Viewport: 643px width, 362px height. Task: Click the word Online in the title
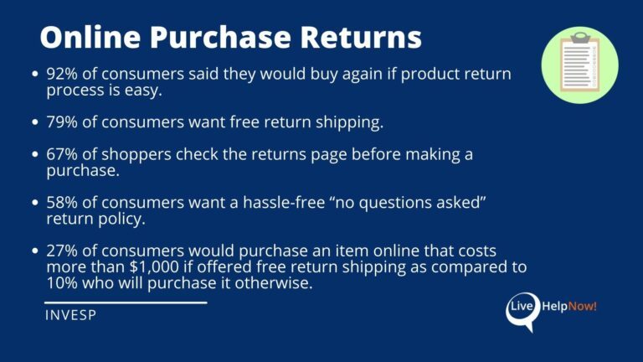pos(90,38)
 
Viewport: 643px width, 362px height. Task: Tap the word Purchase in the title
pos(220,38)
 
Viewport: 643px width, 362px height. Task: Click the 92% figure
pos(61,74)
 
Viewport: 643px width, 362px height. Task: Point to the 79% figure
pos(61,122)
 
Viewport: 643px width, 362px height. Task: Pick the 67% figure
pos(61,154)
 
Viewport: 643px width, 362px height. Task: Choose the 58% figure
pos(61,202)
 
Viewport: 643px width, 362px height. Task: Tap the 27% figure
pos(61,251)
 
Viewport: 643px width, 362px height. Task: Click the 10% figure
pos(61,282)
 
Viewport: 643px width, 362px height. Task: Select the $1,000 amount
pos(154,266)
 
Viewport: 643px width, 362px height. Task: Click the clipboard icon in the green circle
pos(579,62)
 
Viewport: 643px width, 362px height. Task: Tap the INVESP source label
pos(70,315)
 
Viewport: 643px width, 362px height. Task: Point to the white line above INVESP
pos(126,303)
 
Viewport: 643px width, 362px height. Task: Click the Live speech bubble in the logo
pos(522,311)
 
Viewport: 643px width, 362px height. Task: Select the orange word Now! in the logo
pos(583,306)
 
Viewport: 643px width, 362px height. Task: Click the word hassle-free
pos(284,202)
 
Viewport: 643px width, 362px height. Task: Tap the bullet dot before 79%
pos(35,122)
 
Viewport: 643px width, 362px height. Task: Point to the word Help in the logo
pos(555,307)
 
